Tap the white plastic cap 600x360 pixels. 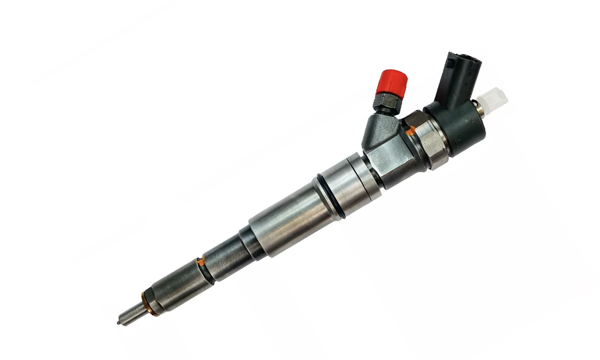click(x=493, y=98)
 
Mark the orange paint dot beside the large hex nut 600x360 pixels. click(x=409, y=130)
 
